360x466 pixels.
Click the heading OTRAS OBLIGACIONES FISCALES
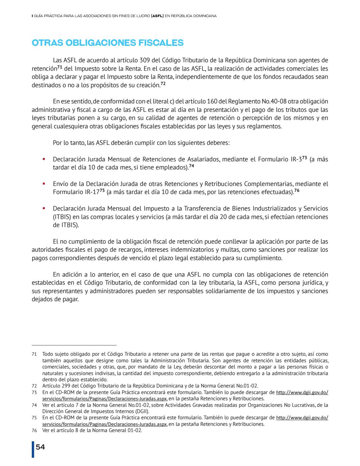pos(108,43)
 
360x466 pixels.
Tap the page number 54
pos(40,447)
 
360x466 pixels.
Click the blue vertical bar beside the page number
pos(33,449)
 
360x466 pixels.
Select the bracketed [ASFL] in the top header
pos(157,15)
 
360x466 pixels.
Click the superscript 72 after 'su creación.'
pos(163,84)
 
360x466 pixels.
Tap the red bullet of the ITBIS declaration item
pos(44,208)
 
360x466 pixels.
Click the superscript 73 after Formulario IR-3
pos(305,158)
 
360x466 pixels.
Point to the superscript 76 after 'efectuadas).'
pos(297,191)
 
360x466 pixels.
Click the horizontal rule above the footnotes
pos(74,345)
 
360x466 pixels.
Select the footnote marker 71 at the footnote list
pos(34,354)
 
